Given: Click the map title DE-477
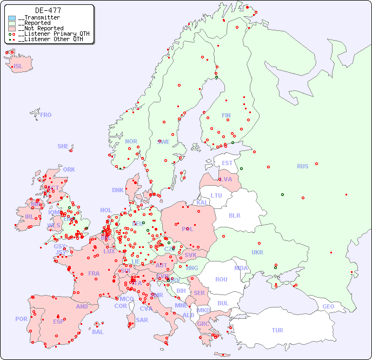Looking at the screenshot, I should click(x=48, y=10).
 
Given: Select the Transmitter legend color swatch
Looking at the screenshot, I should click(x=12, y=18).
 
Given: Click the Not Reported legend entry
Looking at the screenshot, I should click(x=41, y=28).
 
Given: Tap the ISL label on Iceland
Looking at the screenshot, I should click(x=18, y=67).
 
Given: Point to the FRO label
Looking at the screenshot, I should click(x=46, y=115).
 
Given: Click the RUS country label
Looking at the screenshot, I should click(x=302, y=166).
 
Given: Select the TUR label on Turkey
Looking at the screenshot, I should click(x=277, y=330).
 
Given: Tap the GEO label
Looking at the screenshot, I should click(x=328, y=306).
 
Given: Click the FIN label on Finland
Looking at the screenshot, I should click(x=226, y=115).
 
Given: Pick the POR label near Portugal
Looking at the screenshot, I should click(x=21, y=319).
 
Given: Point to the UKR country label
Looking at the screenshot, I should click(x=257, y=252).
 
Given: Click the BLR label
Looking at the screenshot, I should click(x=235, y=215).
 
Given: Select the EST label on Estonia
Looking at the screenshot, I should click(x=227, y=163).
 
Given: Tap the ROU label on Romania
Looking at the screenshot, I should click(x=221, y=279).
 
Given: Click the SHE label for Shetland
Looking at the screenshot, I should click(x=63, y=146).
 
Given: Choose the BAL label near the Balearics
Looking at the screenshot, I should click(x=98, y=332).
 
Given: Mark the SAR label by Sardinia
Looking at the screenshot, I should click(x=142, y=320).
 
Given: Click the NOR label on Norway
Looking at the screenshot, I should click(x=131, y=141).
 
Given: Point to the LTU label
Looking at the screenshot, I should click(x=216, y=195).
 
